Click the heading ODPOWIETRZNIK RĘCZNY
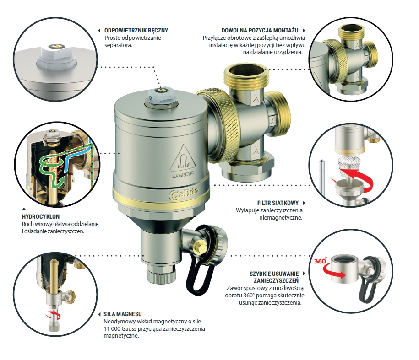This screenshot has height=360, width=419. pos(136,31)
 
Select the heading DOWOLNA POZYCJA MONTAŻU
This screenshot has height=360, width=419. pos(260,31)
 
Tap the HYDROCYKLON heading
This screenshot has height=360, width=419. pos(41,216)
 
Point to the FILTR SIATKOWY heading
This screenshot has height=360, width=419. pos(278,203)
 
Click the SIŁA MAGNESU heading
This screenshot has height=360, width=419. pos(123,314)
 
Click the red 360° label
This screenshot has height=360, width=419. pos(320,261)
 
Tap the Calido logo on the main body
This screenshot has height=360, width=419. pos(184,194)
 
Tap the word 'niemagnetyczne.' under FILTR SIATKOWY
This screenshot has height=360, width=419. pos(281,217)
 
